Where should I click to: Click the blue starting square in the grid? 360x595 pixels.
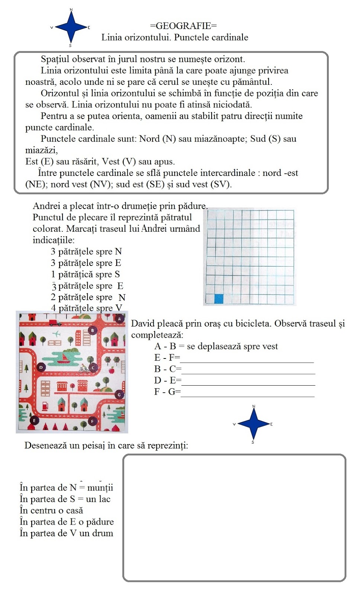[x=219, y=299]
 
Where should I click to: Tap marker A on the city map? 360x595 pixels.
[x=119, y=319]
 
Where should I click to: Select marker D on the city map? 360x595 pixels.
[x=41, y=367]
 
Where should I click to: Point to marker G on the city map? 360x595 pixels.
[x=119, y=395]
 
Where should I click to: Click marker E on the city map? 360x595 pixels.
[x=35, y=421]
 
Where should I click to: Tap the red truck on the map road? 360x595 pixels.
[x=55, y=322]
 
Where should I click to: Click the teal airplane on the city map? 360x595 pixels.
[x=57, y=334]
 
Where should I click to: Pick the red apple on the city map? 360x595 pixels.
[x=111, y=370]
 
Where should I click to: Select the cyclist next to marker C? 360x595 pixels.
[x=84, y=369]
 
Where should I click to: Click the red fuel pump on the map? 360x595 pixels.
[x=45, y=405]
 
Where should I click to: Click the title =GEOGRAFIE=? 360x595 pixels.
[x=183, y=26]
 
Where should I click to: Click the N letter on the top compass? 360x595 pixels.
[x=71, y=10]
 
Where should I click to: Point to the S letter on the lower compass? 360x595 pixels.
[x=253, y=442]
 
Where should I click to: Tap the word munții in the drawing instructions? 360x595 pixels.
[x=100, y=488]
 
